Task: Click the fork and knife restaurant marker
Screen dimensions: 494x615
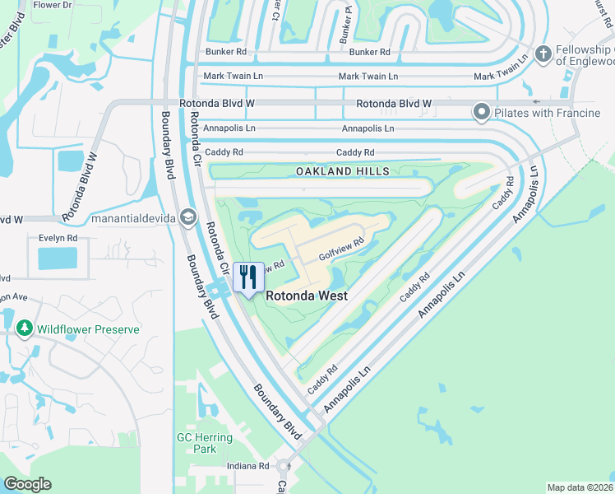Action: [x=248, y=277]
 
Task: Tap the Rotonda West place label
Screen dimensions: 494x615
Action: [x=305, y=296]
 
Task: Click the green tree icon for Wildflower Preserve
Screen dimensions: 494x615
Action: [x=25, y=329]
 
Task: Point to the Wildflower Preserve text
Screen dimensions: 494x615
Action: [x=87, y=329]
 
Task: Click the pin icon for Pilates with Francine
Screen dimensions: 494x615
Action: [x=482, y=112]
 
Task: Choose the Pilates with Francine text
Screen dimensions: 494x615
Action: [x=548, y=112]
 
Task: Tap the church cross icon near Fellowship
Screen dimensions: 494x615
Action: [x=542, y=54]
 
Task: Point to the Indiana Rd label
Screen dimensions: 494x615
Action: [x=247, y=466]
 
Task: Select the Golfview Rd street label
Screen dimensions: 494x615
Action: [x=341, y=249]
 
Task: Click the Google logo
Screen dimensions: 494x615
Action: [x=27, y=484]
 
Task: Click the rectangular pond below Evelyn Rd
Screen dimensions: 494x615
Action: [x=56, y=259]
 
